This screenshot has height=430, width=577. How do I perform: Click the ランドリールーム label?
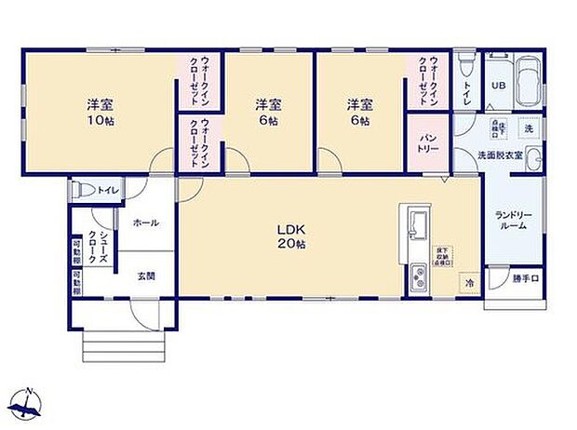click(513, 222)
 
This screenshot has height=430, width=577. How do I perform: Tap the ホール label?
click(145, 223)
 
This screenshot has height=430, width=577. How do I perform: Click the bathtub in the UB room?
click(530, 82)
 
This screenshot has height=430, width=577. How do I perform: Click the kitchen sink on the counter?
click(416, 224)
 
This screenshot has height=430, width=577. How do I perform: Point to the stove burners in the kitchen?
click(416, 277)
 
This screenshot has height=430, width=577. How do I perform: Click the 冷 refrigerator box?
click(469, 282)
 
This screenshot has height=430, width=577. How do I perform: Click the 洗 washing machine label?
click(527, 128)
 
